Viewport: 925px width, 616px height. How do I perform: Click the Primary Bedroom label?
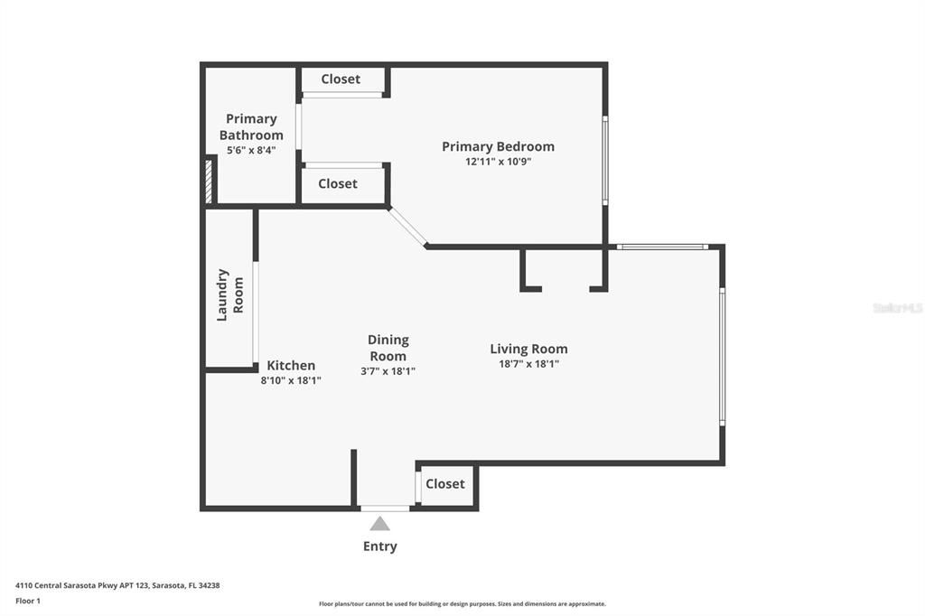(498, 146)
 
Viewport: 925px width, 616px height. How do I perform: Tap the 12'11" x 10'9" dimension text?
(498, 162)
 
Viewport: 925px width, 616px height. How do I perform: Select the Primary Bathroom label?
(251, 126)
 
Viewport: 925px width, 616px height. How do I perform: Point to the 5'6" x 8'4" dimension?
(251, 150)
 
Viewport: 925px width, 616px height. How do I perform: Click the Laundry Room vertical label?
(229, 294)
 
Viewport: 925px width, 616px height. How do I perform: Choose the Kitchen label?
(291, 366)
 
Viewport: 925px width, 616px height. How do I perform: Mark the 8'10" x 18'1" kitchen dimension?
(291, 380)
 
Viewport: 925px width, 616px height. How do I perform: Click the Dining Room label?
(388, 348)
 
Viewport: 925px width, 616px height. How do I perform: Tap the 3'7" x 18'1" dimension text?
(388, 371)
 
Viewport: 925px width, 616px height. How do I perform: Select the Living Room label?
(528, 349)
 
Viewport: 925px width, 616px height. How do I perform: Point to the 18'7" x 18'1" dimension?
(528, 364)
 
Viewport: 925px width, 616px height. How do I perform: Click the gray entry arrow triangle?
(380, 524)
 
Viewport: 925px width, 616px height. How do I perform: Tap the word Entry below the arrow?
(380, 546)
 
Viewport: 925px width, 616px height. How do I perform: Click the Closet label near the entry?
(444, 484)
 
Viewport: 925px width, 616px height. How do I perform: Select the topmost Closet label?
(341, 79)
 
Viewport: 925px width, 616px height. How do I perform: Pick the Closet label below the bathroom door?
(338, 183)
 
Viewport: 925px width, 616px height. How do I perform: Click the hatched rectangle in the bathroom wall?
(208, 180)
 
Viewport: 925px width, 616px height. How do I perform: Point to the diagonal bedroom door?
(407, 227)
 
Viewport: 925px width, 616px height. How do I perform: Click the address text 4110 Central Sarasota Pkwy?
(117, 585)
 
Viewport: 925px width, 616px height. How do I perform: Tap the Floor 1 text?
(28, 601)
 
